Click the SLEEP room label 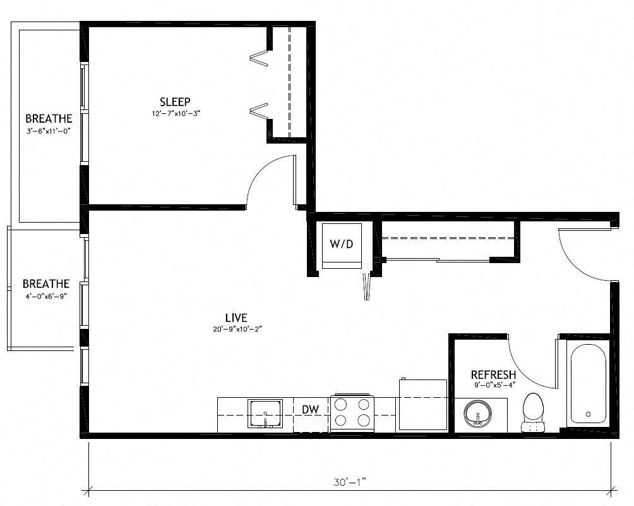coord(175,102)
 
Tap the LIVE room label coord(235,318)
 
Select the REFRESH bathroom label coord(493,375)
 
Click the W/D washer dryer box coord(342,245)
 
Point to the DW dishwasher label coord(310,410)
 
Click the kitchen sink coord(265,414)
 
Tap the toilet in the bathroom coord(534,412)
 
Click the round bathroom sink coord(478,414)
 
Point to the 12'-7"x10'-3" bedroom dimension coord(175,113)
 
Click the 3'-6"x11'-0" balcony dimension coord(48,130)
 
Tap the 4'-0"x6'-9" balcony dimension coord(45,295)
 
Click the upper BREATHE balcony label coord(49,118)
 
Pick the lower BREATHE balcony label coord(46,284)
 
